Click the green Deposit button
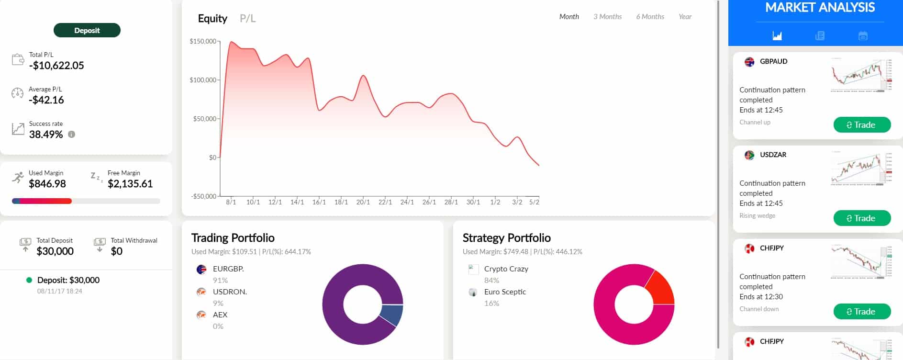coord(87,30)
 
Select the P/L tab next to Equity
coord(247,19)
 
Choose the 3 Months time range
coord(607,17)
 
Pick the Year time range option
coord(685,17)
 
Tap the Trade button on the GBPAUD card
coord(862,125)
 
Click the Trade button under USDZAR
coord(862,218)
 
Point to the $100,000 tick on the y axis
coord(203,80)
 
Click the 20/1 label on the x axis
coord(363,202)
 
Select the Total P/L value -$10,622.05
coord(56,66)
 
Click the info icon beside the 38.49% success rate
coord(72,135)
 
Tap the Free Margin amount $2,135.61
coord(130,184)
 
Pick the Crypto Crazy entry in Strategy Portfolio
coord(506,269)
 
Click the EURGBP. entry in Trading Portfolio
coord(228,269)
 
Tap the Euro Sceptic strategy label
coord(505,292)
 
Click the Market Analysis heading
coord(820,8)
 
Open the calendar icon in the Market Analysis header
coord(863,36)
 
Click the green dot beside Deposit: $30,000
coord(29,280)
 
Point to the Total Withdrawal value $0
coord(116,251)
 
